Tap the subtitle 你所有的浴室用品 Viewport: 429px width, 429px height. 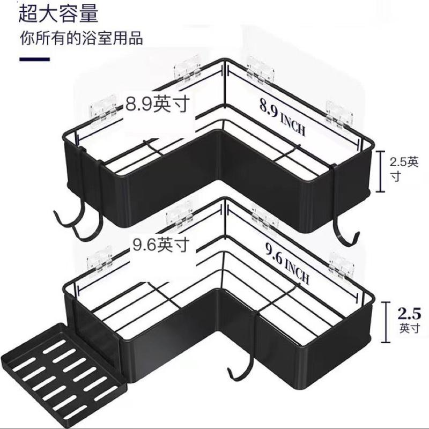[x=81, y=39]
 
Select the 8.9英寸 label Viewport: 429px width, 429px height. [x=158, y=103]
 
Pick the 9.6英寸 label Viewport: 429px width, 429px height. [x=160, y=246]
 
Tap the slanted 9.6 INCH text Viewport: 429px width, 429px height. [x=286, y=263]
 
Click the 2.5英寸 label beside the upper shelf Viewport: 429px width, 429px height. [x=404, y=168]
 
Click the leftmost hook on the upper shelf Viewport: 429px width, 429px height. [x=62, y=217]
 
